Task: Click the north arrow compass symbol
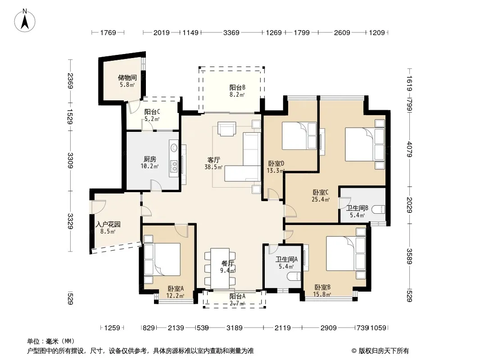(25, 21)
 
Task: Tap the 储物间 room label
(127, 78)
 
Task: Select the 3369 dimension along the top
(231, 32)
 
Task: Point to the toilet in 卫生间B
(378, 210)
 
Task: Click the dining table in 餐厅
(220, 268)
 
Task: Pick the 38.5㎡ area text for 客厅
(213, 167)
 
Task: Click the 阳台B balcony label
(237, 87)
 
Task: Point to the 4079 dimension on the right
(409, 149)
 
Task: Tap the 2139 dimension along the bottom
(176, 328)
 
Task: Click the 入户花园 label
(108, 224)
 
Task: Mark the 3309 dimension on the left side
(70, 160)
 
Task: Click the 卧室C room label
(321, 193)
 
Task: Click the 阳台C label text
(152, 112)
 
